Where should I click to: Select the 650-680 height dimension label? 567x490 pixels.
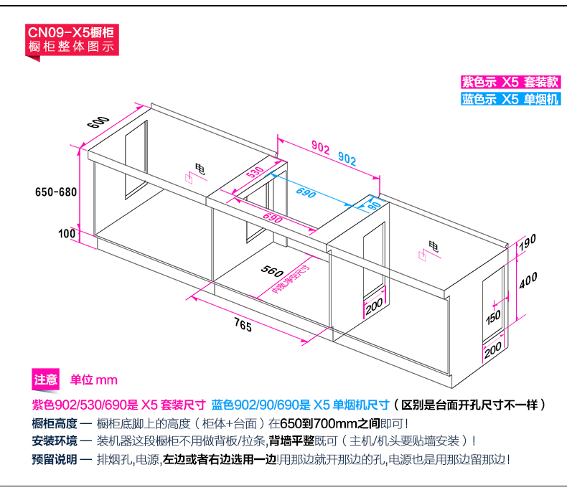(55, 192)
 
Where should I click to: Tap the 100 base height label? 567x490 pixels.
(67, 233)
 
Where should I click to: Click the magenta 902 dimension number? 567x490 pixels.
(320, 149)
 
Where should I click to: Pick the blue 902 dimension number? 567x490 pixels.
(347, 159)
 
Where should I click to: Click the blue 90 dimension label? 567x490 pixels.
(374, 206)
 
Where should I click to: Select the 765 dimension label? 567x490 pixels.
(243, 326)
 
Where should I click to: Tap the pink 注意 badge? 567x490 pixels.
(46, 380)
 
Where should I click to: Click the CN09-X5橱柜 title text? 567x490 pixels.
(70, 32)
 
